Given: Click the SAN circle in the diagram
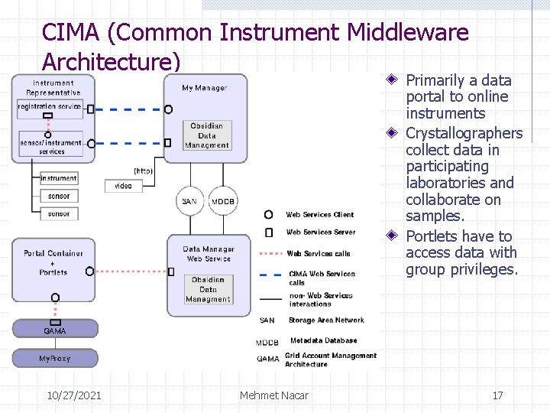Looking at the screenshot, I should tap(189, 201).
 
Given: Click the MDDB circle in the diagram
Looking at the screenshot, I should tap(223, 201).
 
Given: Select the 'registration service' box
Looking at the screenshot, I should tap(50, 106).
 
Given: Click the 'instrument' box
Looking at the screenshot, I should tap(59, 178).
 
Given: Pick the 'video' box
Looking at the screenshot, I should tap(123, 186).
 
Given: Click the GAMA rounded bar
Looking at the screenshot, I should tap(54, 330).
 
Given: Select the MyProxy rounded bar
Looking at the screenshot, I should tap(54, 358).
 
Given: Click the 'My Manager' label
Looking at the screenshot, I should tap(204, 88).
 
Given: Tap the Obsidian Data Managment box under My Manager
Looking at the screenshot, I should tap(206, 135).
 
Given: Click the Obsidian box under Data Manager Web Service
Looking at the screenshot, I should tap(208, 289).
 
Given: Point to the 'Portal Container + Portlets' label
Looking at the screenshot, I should tap(53, 262).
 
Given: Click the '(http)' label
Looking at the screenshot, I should tap(144, 170).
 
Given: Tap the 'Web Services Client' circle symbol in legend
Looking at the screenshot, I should tap(268, 215).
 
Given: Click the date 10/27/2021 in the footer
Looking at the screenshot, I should tap(74, 395).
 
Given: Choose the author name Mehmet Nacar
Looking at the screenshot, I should tap(274, 395).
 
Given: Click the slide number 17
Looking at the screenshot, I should tap(497, 395).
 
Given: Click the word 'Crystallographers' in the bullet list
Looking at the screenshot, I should tap(464, 134).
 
